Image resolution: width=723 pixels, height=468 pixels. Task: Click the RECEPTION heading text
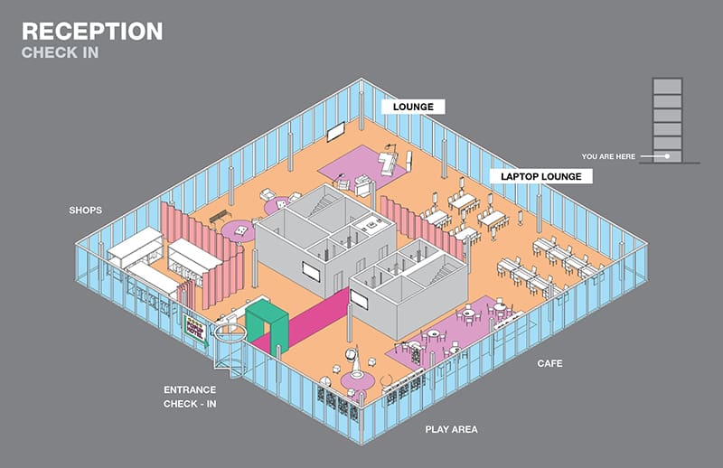pyautogui.click(x=92, y=32)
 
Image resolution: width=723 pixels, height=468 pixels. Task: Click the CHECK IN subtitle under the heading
pyautogui.click(x=60, y=53)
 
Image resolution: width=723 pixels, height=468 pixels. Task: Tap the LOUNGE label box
pyautogui.click(x=413, y=107)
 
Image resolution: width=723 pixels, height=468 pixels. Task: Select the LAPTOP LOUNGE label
pyautogui.click(x=541, y=176)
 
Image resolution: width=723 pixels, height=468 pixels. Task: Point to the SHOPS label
pyautogui.click(x=85, y=211)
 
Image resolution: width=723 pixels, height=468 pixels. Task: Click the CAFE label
pyautogui.click(x=549, y=363)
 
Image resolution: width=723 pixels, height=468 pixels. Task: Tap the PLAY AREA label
pyautogui.click(x=451, y=429)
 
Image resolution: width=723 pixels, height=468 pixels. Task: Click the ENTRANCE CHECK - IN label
pyautogui.click(x=190, y=397)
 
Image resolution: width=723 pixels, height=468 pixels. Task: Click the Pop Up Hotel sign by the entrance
pyautogui.click(x=196, y=330)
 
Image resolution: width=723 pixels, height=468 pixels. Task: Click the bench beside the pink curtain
pyautogui.click(x=220, y=216)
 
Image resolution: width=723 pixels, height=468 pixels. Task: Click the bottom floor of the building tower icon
pyautogui.click(x=668, y=155)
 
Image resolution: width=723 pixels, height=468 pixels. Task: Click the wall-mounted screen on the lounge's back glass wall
pyautogui.click(x=335, y=131)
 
